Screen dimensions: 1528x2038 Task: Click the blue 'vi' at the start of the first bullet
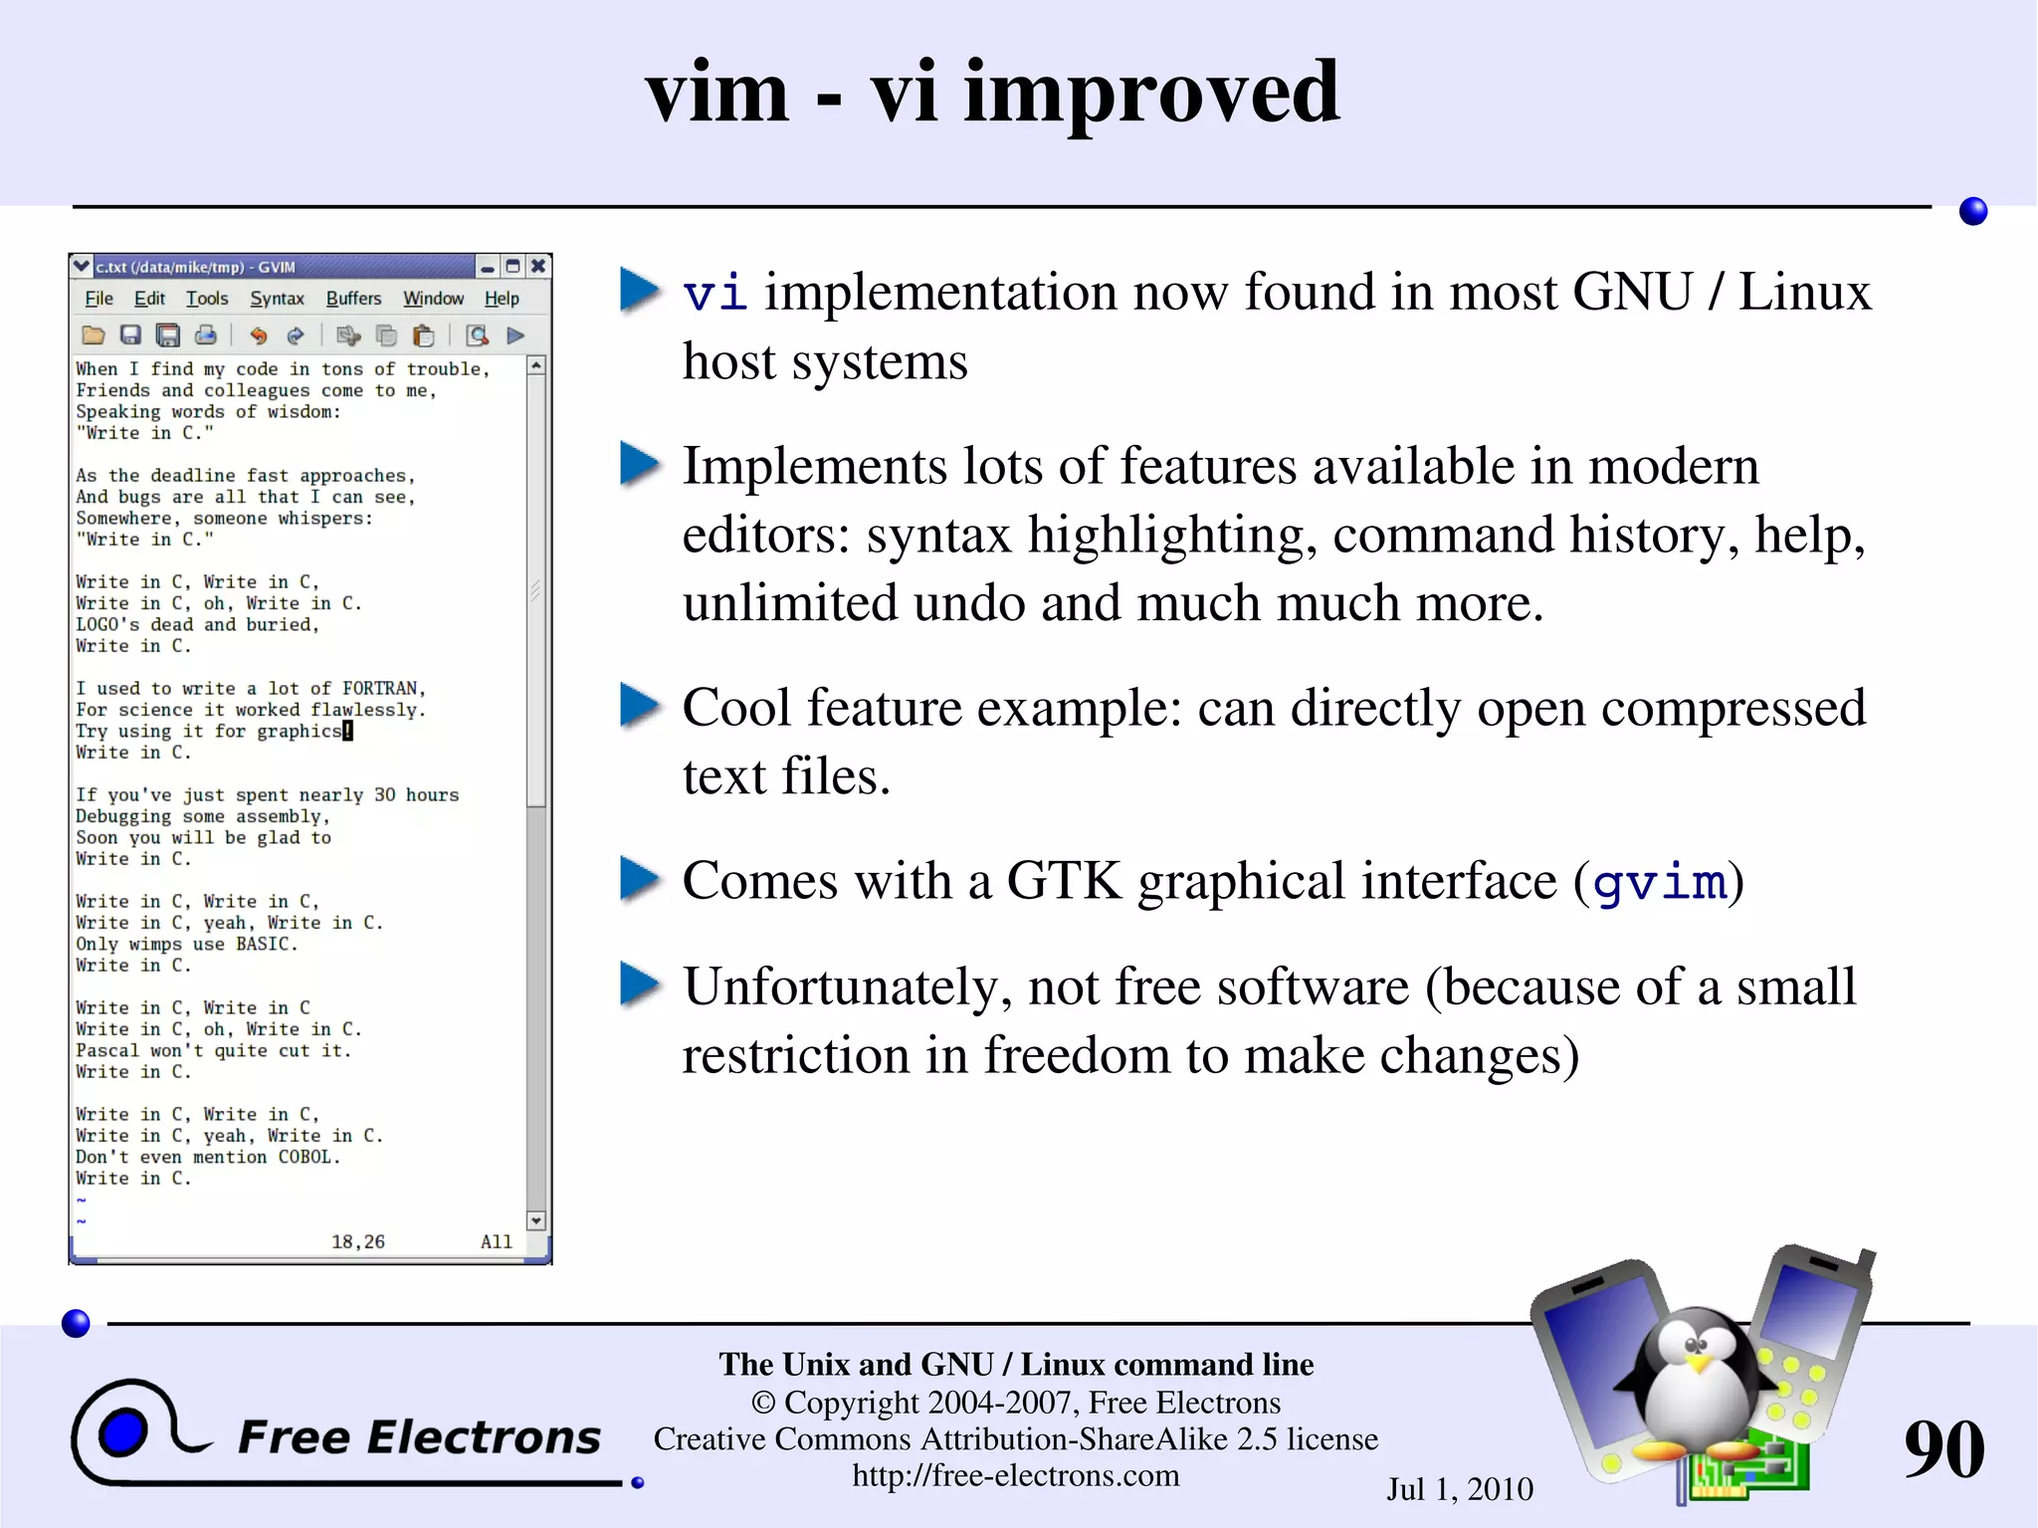[714, 293]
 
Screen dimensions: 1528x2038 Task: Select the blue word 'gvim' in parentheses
[1659, 882]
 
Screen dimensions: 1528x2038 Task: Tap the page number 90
[1943, 1448]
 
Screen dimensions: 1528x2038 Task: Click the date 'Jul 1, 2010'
[1459, 1489]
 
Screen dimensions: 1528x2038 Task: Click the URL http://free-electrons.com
[1015, 1475]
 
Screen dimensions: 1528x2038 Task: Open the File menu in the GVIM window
[99, 299]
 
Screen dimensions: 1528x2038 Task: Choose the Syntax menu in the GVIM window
[277, 299]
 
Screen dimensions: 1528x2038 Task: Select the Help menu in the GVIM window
[502, 299]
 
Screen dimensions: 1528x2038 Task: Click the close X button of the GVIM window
[537, 266]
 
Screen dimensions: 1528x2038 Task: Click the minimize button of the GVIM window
[487, 267]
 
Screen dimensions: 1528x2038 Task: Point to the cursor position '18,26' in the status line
[357, 1241]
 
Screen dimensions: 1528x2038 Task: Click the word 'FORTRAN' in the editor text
[382, 688]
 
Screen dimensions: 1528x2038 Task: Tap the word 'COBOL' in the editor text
[307, 1157]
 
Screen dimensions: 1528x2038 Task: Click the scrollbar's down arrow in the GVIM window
[536, 1220]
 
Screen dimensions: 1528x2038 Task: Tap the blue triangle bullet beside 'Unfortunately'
[639, 984]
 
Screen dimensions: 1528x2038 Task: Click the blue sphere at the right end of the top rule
[1972, 211]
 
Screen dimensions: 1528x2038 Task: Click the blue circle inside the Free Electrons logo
[123, 1432]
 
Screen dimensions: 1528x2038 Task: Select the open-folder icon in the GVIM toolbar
[93, 335]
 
